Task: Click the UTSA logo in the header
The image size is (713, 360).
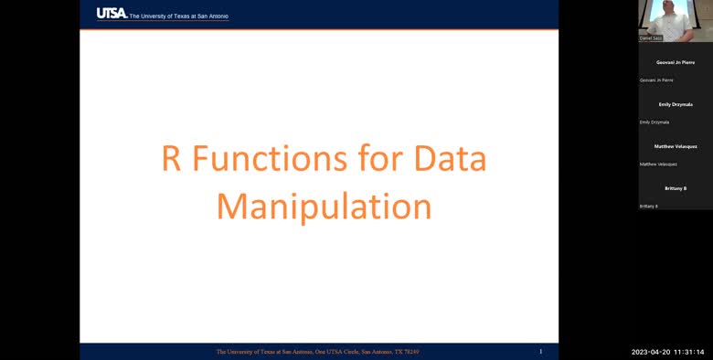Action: pos(112,13)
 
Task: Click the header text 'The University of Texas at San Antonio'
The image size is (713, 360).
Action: pos(178,16)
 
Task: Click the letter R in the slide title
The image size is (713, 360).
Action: pos(171,159)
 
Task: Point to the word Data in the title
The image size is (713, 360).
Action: pos(451,159)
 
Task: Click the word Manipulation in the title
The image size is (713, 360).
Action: pos(324,206)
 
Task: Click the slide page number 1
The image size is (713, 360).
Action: pos(540,351)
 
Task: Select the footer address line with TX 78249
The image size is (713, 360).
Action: pos(317,352)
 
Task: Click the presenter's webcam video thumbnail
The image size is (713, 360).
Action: pos(676,20)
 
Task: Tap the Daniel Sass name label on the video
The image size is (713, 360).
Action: pos(650,38)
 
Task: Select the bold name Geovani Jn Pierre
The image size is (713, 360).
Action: pos(676,62)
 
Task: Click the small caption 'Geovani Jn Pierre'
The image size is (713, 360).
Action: pos(656,80)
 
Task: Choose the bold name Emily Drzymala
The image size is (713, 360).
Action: pos(676,104)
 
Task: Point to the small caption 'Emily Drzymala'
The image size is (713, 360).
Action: pos(654,122)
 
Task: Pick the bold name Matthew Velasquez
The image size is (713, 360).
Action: pos(676,146)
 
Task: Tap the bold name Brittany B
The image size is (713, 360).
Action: pos(676,188)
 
